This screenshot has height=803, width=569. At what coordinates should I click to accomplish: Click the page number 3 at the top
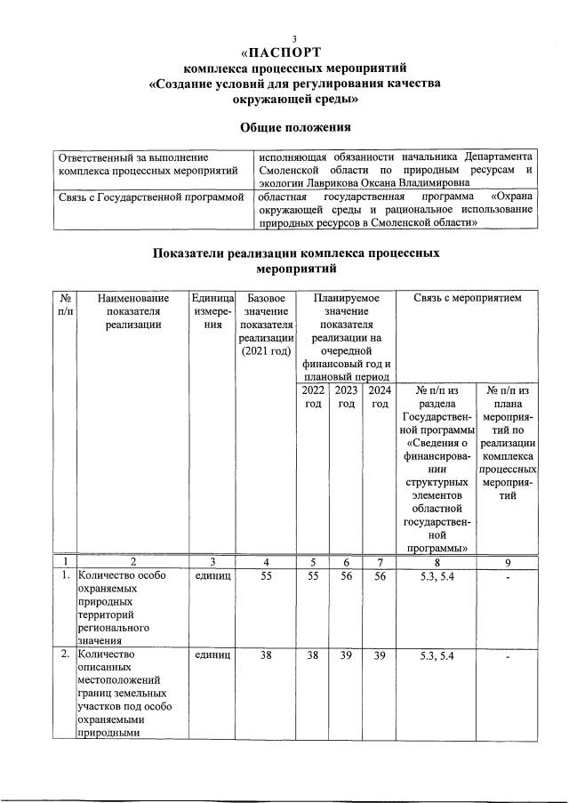283,36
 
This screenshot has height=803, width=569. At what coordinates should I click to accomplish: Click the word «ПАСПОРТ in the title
283,51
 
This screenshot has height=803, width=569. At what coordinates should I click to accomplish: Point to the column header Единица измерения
212,312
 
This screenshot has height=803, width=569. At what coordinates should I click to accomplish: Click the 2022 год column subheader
313,397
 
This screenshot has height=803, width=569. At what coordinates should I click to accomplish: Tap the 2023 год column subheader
346,397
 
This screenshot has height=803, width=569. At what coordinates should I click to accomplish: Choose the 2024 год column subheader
380,397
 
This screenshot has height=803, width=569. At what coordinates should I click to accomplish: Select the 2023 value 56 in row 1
346,577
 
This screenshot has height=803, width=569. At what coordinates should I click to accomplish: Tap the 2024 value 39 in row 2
380,655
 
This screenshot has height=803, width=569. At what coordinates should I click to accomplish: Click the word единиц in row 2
212,655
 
